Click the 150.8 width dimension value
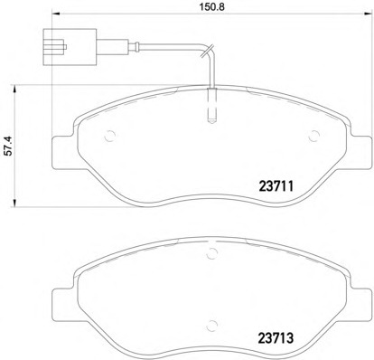[x=212, y=7]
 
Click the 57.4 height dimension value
[x=10, y=146]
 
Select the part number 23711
[x=276, y=186]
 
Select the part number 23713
[x=276, y=338]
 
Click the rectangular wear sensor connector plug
[x=70, y=47]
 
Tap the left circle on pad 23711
[x=109, y=136]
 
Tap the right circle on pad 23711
[x=314, y=136]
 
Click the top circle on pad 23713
[x=212, y=253]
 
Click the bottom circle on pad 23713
[x=212, y=325]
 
